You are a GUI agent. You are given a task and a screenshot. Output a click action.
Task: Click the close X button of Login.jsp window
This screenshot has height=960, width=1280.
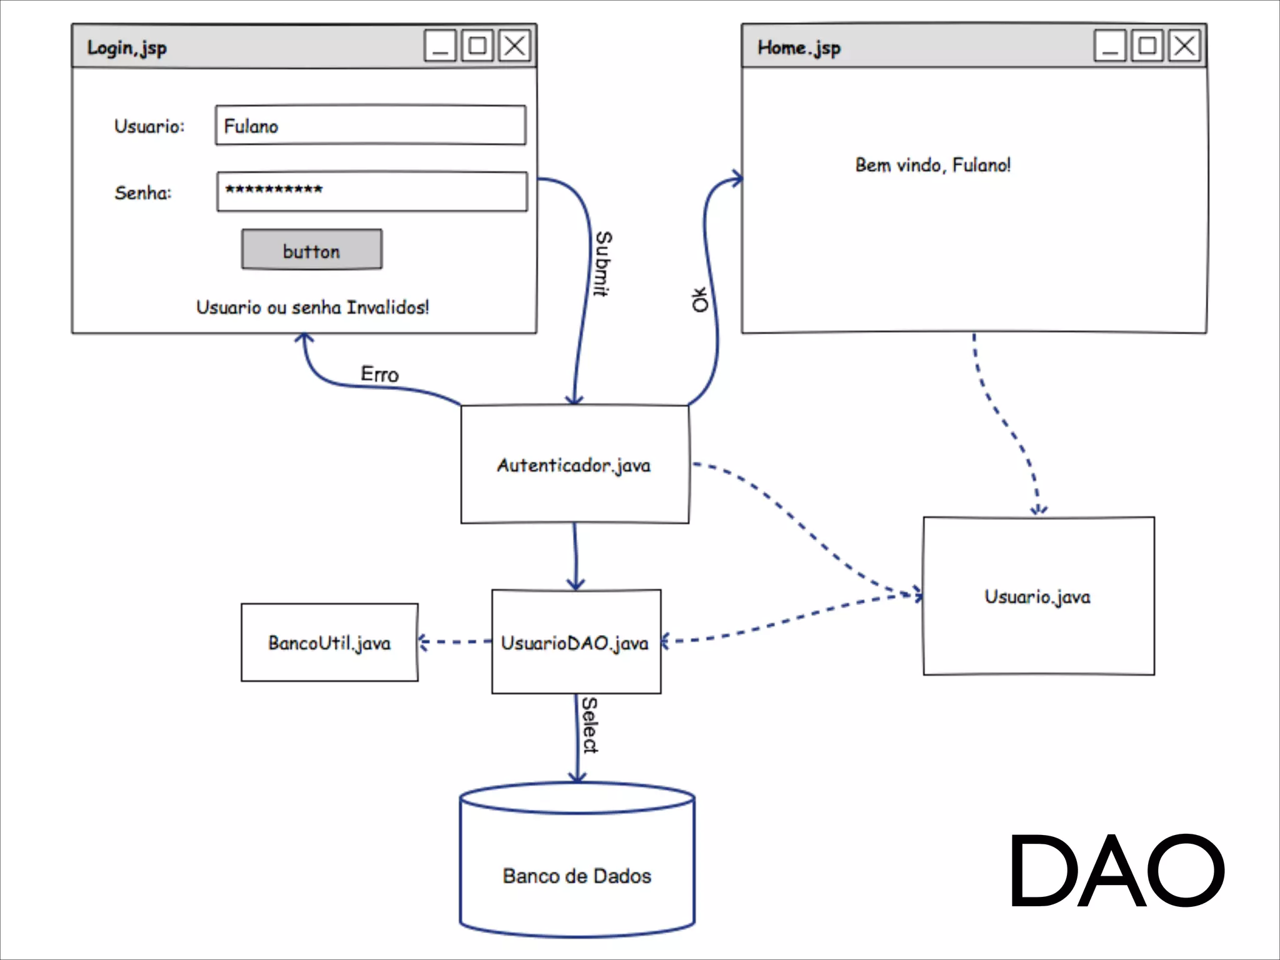[x=515, y=46]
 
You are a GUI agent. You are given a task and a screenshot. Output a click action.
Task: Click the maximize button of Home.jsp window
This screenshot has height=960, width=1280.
[x=1147, y=46]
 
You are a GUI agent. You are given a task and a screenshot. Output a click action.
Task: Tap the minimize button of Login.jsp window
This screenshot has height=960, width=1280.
[x=440, y=46]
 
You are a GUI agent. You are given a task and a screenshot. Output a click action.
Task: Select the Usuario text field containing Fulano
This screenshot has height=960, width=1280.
[x=371, y=126]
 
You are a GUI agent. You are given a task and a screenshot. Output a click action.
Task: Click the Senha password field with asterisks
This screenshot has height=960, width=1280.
[x=372, y=191]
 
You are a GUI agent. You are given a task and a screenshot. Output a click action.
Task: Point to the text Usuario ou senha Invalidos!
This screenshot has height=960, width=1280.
[x=312, y=307]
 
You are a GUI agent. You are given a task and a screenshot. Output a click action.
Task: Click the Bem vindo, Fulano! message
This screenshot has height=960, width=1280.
[x=932, y=165]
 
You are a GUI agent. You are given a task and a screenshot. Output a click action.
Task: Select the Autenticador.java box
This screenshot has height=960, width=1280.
[x=574, y=464]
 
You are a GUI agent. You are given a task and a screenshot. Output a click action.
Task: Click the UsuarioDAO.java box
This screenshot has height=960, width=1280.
[x=576, y=642]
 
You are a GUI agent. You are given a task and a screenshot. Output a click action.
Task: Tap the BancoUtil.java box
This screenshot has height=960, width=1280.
[x=329, y=642]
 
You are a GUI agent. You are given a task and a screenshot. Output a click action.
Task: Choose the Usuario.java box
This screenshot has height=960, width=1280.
[x=1038, y=596]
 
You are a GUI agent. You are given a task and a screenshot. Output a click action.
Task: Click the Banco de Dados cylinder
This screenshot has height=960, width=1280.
[x=577, y=875]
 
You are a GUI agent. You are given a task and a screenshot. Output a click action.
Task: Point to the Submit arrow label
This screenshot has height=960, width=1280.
[x=603, y=263]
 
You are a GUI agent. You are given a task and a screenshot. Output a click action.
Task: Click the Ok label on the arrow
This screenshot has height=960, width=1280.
[x=700, y=299]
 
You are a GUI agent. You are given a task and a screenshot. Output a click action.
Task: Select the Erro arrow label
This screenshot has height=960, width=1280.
[x=379, y=374]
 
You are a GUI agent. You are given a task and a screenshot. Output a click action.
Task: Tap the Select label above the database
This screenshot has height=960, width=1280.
[x=590, y=725]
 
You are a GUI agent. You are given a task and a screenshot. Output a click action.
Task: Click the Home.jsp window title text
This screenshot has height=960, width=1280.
[x=799, y=48]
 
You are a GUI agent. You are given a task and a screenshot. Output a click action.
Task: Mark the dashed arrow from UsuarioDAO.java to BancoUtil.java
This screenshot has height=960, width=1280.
[x=455, y=642]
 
